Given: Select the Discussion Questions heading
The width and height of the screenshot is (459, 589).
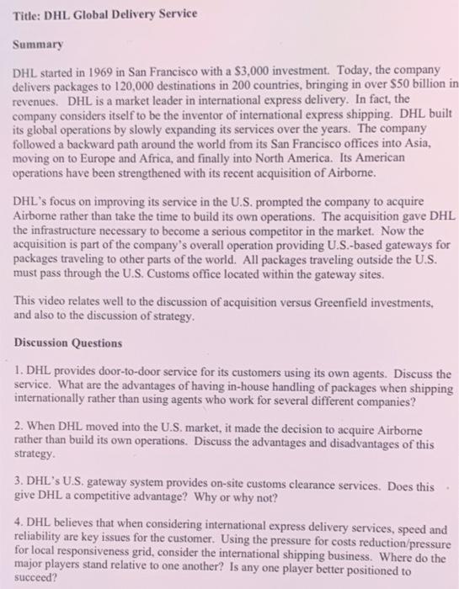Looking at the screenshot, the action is [x=67, y=343].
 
